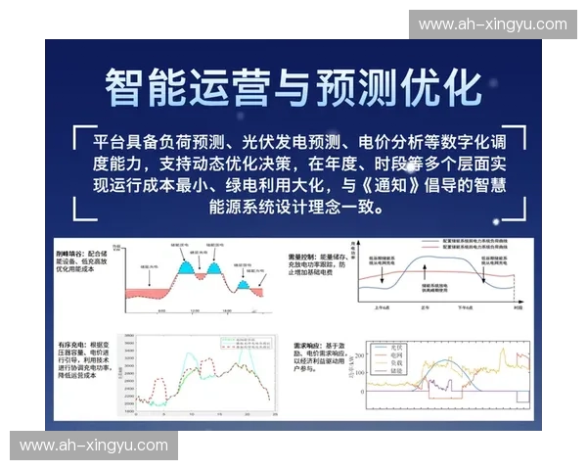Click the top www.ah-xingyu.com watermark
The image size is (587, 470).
[492, 23]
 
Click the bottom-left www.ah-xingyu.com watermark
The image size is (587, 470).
[94, 446]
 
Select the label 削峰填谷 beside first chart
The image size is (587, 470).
[68, 254]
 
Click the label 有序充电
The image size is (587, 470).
[68, 344]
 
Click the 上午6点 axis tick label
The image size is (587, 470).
[383, 308]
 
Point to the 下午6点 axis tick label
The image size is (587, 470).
[466, 308]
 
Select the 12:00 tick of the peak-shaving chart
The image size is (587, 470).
[195, 311]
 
